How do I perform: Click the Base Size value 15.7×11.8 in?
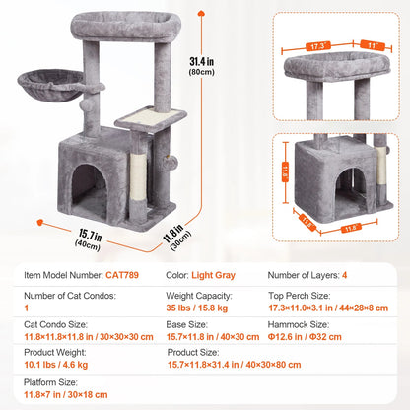[x=208, y=336]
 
